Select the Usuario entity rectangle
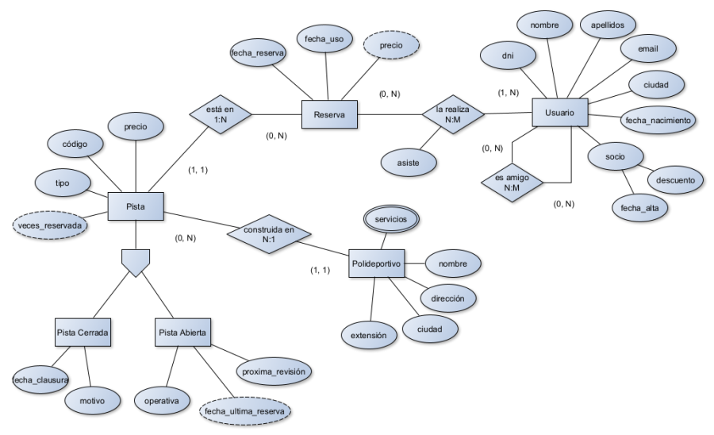click(559, 114)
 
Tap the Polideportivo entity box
click(376, 263)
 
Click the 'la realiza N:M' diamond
click(451, 114)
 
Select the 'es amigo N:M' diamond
click(512, 183)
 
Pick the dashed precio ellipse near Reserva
click(390, 46)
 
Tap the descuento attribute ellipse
click(675, 180)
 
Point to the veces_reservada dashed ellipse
click(49, 225)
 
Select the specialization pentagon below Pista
click(136, 261)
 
